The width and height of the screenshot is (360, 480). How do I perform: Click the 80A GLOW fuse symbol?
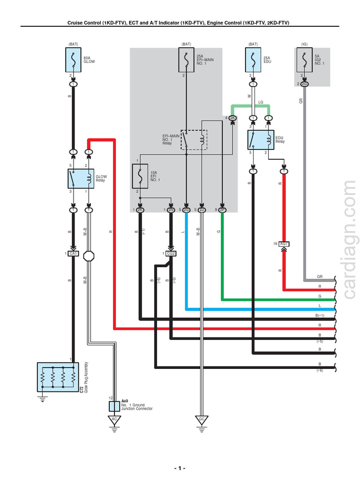click(x=73, y=60)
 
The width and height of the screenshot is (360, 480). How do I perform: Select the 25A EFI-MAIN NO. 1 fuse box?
click(x=187, y=60)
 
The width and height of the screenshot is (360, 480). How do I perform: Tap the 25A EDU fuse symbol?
click(x=253, y=60)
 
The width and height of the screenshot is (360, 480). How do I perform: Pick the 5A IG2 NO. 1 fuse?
click(x=305, y=60)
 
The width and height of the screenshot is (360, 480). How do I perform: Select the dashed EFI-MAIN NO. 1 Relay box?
click(x=194, y=139)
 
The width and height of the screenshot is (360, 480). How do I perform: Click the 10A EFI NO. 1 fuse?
click(x=140, y=179)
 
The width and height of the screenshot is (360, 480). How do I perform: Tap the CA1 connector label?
click(x=73, y=254)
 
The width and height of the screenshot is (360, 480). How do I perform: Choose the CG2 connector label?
click(x=171, y=254)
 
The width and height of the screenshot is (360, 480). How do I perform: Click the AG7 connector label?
click(x=284, y=244)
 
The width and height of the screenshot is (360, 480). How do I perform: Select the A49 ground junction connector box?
click(x=114, y=406)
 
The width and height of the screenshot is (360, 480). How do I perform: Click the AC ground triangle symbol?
click(x=114, y=420)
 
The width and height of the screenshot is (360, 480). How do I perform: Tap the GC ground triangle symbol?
click(x=202, y=420)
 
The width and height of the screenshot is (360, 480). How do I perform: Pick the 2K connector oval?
click(x=232, y=118)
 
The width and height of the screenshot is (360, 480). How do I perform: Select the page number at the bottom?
click(x=180, y=469)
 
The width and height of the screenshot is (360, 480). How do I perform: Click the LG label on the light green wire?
click(x=261, y=102)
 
